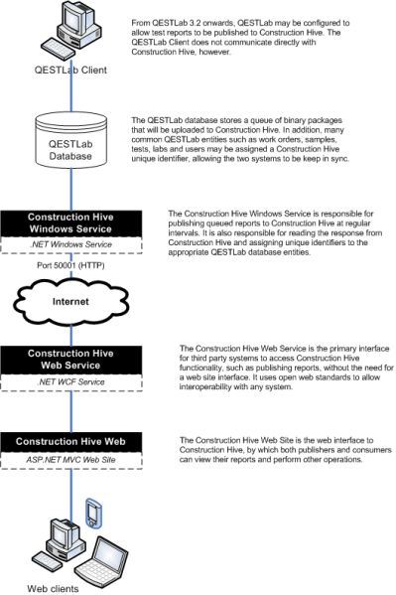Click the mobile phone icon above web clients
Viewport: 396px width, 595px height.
(94, 512)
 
